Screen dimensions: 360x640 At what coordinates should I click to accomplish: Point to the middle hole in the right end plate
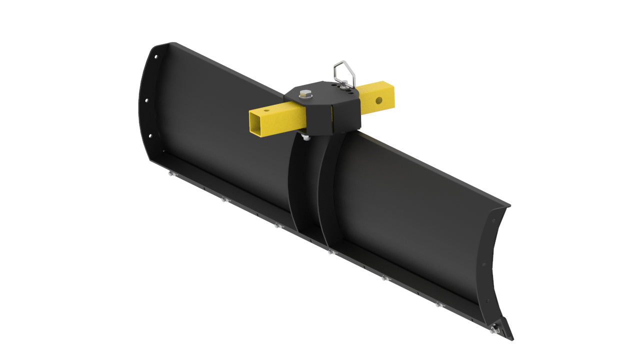point(484,265)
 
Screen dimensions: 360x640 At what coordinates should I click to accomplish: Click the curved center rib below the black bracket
point(307,190)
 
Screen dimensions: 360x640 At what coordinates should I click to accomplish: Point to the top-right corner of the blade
point(508,205)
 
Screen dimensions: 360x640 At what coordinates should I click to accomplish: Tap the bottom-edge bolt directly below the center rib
point(330,252)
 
